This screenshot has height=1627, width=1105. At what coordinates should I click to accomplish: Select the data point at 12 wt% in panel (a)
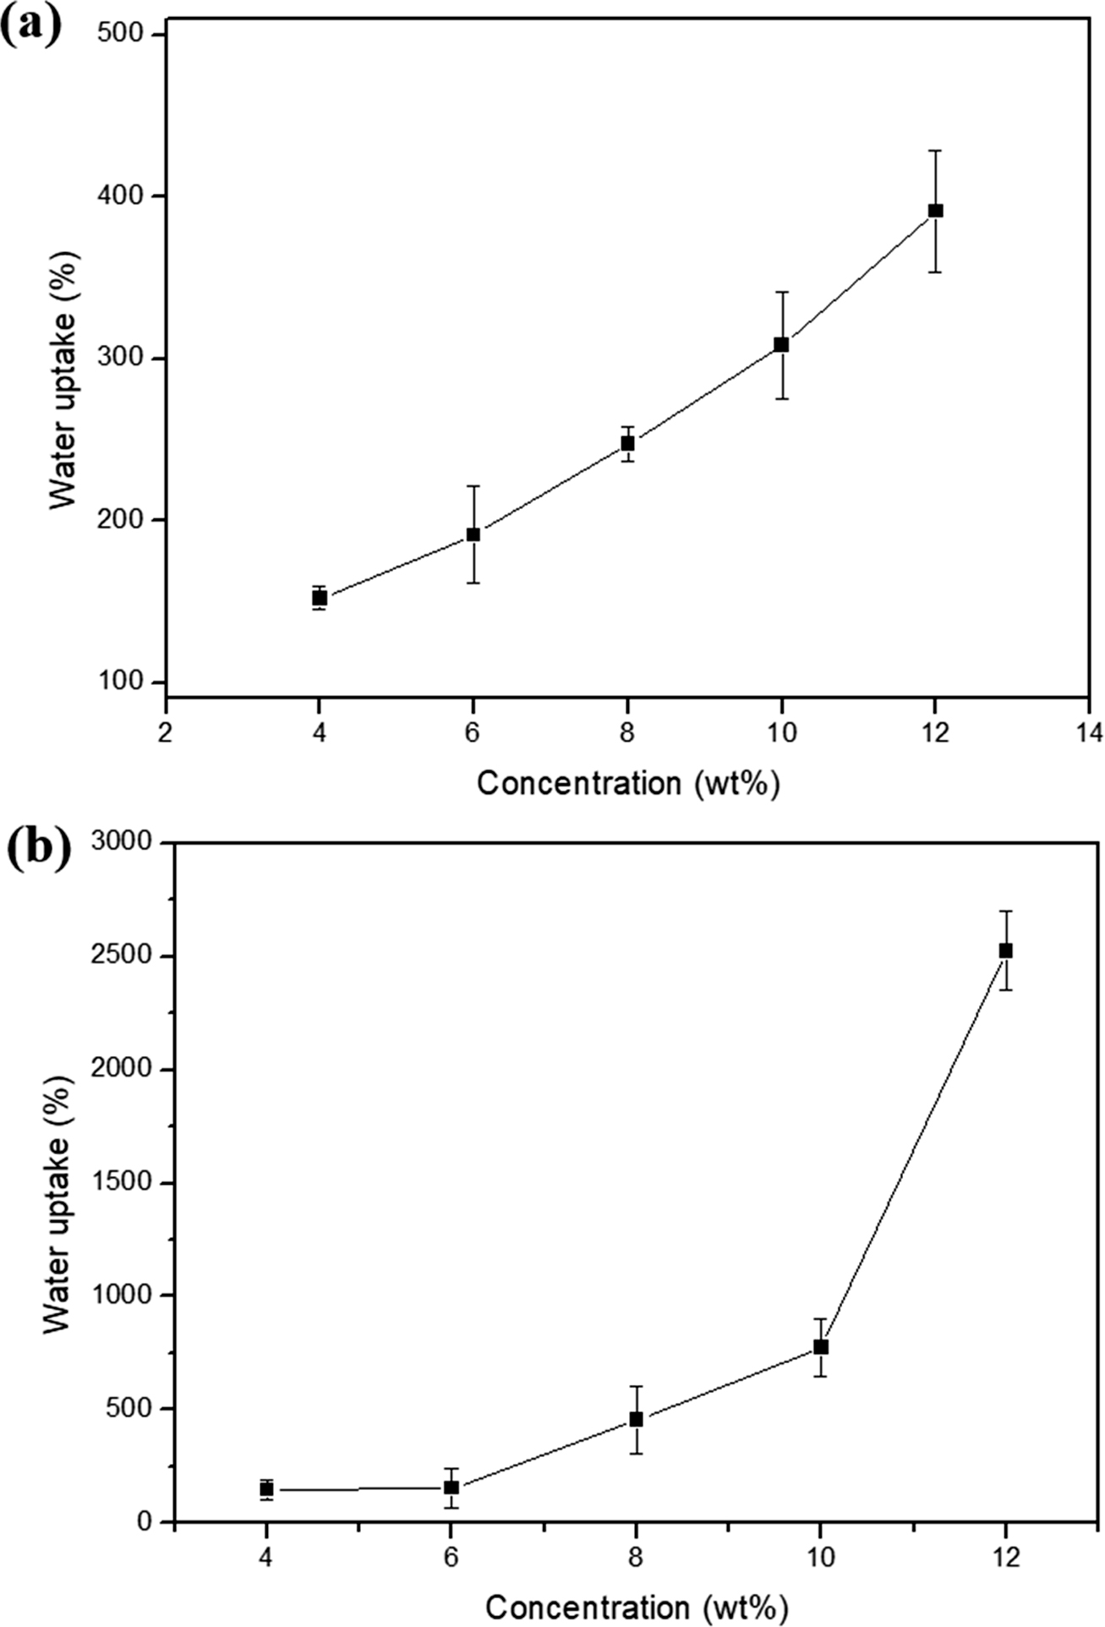pos(935,211)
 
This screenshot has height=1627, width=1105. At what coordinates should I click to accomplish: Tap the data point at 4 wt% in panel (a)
pos(320,598)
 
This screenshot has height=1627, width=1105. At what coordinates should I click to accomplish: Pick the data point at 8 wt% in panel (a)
pos(627,443)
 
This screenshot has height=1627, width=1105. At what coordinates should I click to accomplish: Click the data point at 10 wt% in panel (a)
pos(781,345)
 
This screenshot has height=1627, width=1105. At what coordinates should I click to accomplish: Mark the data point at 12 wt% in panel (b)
pos(1005,950)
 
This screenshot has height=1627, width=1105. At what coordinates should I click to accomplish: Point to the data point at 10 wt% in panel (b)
pos(820,1347)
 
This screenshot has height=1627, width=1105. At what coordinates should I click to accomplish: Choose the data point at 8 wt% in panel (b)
pos(636,1419)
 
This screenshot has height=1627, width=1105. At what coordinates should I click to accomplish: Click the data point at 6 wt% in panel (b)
pos(451,1487)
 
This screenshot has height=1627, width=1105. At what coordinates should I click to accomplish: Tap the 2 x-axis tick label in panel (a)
pos(166,732)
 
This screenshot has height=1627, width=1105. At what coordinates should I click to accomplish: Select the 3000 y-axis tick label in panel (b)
pos(122,843)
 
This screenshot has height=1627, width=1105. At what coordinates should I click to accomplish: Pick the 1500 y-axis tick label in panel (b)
pos(122,1183)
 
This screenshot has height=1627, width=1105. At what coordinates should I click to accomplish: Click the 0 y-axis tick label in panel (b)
pos(144,1522)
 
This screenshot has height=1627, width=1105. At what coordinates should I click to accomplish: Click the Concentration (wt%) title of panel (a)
pos(627,783)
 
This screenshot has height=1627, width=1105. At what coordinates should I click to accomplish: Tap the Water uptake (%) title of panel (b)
pos(57,1183)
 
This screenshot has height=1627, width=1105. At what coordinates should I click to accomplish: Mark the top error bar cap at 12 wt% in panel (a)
pos(935,151)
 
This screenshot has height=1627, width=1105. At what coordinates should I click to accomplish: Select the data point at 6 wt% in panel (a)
pos(473,534)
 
